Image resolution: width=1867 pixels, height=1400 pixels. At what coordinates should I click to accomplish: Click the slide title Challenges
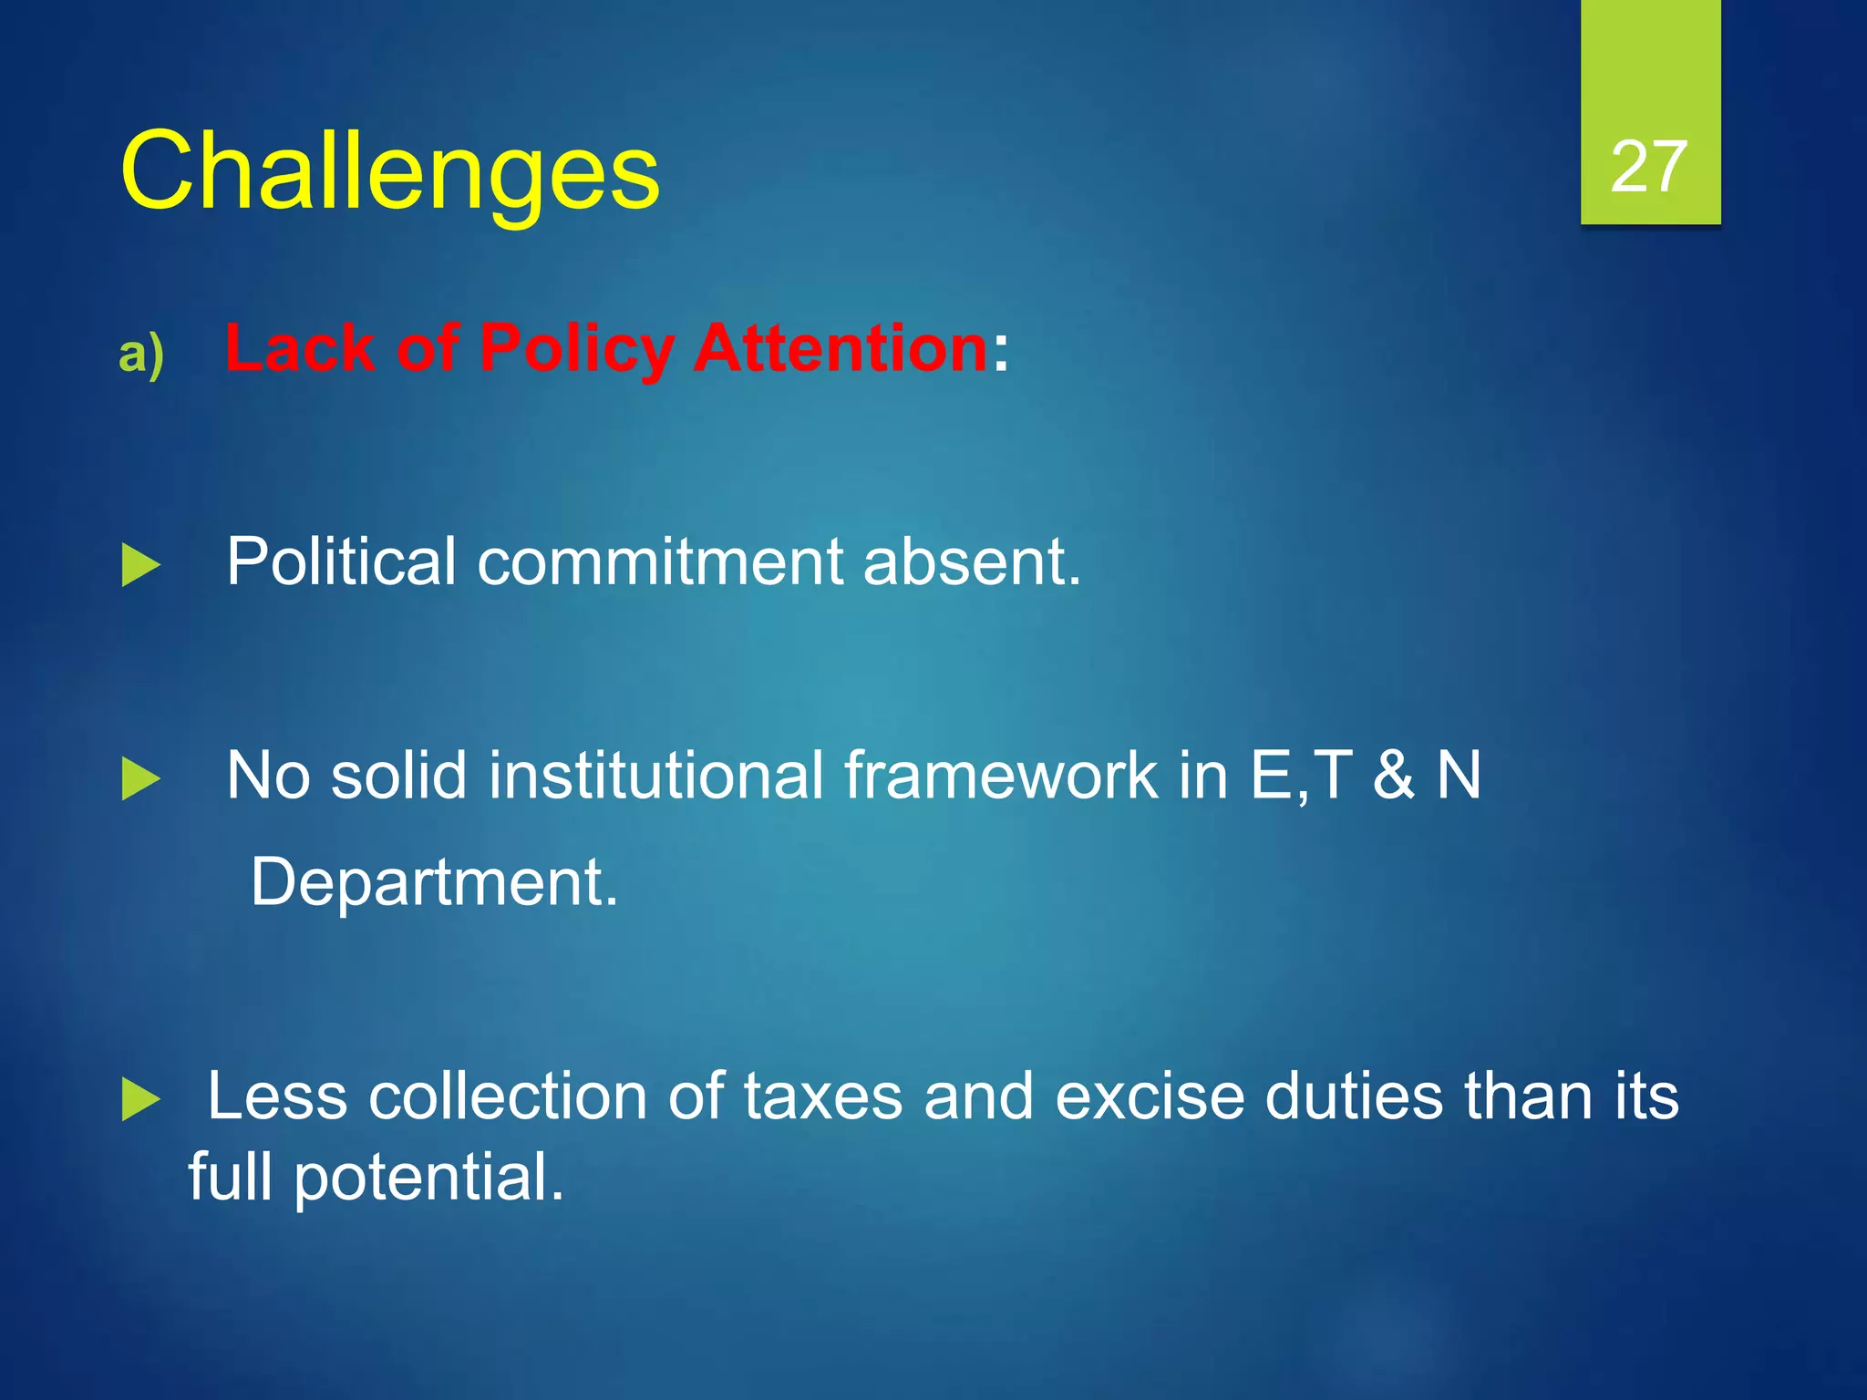coord(389,171)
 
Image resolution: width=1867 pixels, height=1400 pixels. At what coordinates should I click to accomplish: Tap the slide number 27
coord(1649,167)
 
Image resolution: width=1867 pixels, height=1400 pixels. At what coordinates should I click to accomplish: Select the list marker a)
coord(141,353)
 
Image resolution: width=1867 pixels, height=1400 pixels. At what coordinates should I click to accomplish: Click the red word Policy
coord(576,349)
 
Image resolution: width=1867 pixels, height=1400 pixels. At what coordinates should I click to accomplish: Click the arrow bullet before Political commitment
coord(140,566)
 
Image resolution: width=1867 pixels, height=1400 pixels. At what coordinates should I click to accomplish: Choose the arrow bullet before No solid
coord(140,779)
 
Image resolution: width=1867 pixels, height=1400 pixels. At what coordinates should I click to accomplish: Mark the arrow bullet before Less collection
coord(140,1099)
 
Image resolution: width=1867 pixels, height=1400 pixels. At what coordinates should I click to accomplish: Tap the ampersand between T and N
coord(1394,775)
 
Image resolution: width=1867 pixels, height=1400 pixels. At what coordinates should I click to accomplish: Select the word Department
coord(434,882)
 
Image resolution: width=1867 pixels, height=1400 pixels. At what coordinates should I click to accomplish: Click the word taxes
coord(822,1096)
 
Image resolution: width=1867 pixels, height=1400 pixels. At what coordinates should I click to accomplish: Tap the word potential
coord(428,1178)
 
